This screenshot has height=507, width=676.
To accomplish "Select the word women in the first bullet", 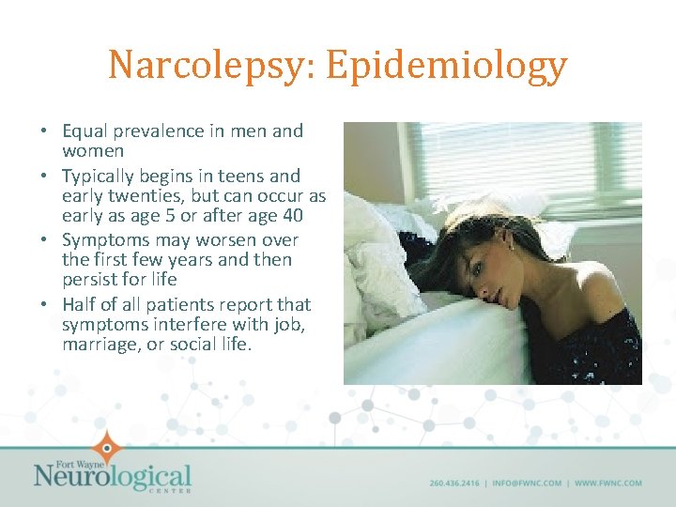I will (93, 151).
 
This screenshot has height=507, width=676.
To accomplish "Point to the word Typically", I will (100, 176).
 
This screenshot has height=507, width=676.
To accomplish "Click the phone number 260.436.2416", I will (453, 484).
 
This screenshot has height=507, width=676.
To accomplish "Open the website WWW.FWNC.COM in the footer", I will (608, 484).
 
